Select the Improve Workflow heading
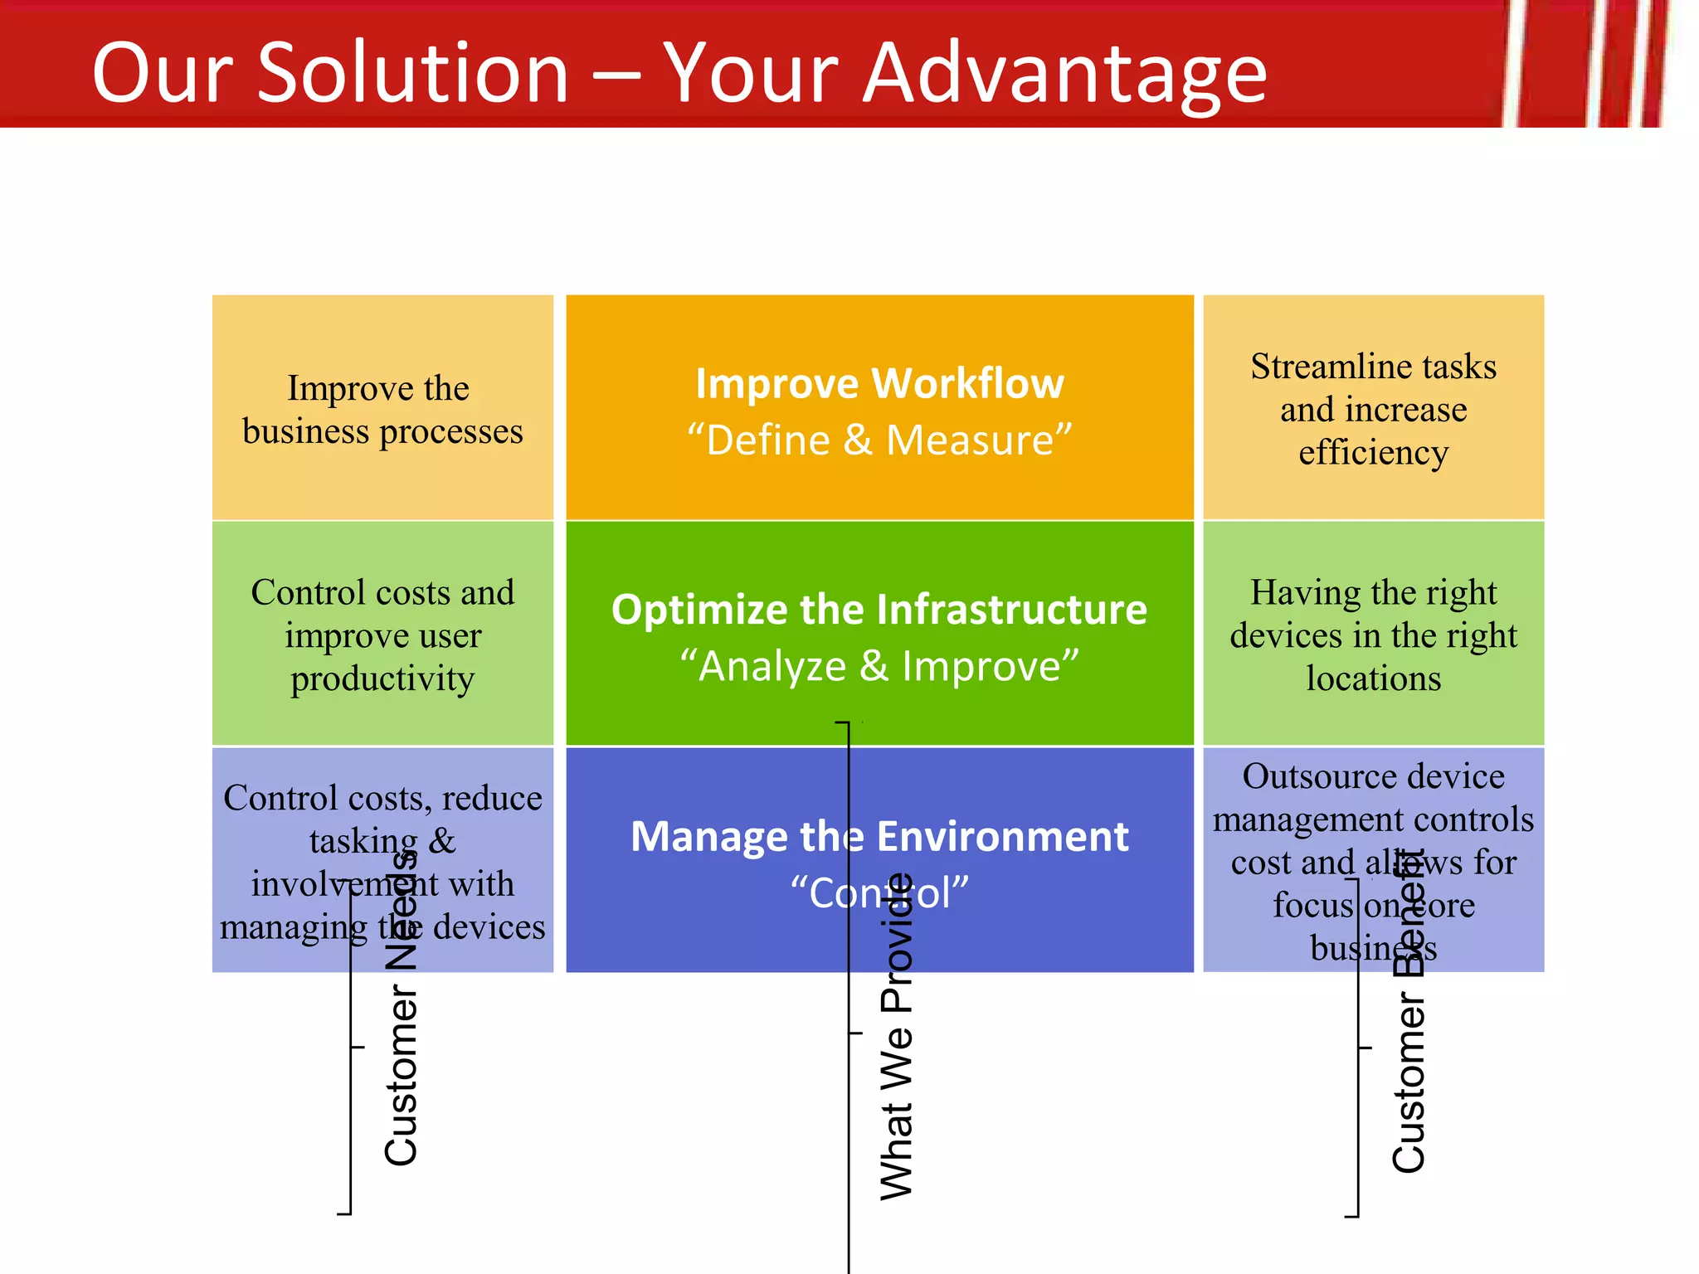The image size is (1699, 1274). [879, 384]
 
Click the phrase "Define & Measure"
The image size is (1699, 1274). [879, 440]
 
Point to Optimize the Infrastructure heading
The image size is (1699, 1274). [879, 610]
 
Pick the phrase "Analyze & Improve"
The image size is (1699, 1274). [879, 666]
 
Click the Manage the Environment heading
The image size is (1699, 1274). [879, 836]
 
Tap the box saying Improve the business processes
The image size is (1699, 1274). [382, 409]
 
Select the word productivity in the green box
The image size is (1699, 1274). [382, 679]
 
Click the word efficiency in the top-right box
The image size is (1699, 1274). [1373, 454]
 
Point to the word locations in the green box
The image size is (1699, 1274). [1373, 679]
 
